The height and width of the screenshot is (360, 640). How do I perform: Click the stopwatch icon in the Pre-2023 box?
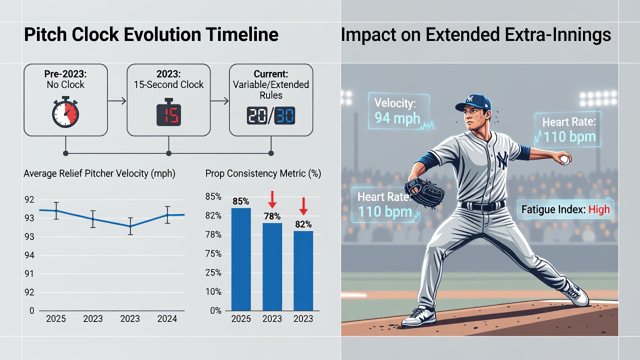tap(65, 112)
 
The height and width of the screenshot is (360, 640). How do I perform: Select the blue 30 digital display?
tap(284, 115)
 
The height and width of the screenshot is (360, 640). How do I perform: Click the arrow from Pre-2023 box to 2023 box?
tap(117, 101)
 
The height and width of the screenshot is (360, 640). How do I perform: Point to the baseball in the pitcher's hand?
tap(565, 159)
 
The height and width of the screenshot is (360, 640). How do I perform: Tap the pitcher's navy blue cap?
tap(473, 103)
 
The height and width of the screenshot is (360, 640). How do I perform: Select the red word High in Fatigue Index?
tap(599, 209)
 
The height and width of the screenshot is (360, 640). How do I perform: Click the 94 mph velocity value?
tap(397, 118)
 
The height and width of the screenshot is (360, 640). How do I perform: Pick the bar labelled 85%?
tap(241, 259)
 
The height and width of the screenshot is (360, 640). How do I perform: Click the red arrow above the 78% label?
tap(272, 199)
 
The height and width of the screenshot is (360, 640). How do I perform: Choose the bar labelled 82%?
tap(303, 270)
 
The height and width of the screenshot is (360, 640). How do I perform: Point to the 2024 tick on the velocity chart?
tap(167, 318)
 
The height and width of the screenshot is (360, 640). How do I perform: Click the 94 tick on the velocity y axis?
tap(29, 255)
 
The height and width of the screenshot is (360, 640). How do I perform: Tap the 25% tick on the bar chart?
tap(213, 272)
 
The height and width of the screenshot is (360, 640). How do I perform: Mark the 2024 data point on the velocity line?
tap(167, 215)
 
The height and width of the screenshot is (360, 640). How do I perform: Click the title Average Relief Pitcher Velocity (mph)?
tap(99, 173)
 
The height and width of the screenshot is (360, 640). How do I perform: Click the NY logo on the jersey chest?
tap(502, 159)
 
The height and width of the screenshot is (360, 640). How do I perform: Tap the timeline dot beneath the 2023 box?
tap(168, 153)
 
